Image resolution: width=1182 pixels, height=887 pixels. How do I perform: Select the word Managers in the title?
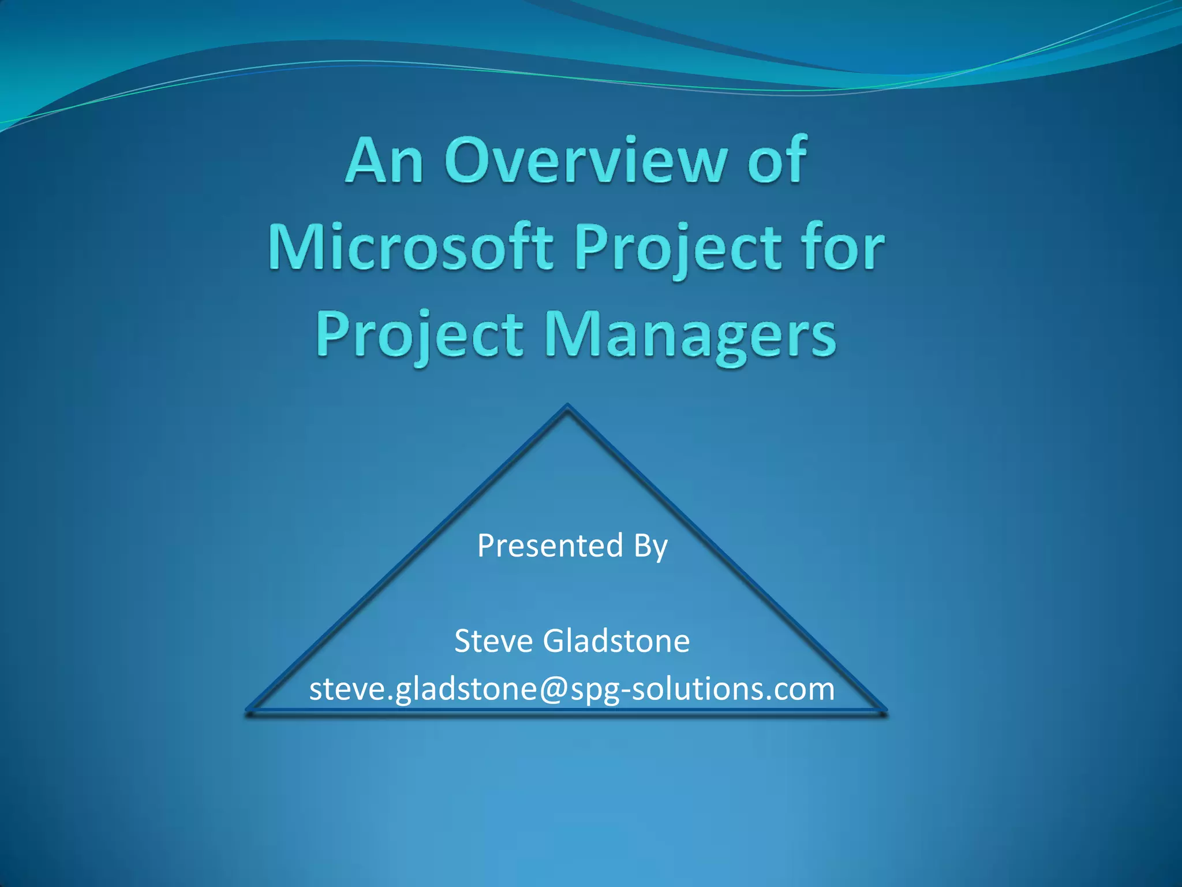tap(690, 336)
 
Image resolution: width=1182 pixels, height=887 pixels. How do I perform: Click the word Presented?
tap(550, 546)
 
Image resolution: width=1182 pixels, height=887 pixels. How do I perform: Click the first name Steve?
tap(493, 641)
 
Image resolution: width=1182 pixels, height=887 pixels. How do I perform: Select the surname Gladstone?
tap(616, 641)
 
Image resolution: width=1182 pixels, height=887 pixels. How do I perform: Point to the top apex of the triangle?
tap(567, 407)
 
